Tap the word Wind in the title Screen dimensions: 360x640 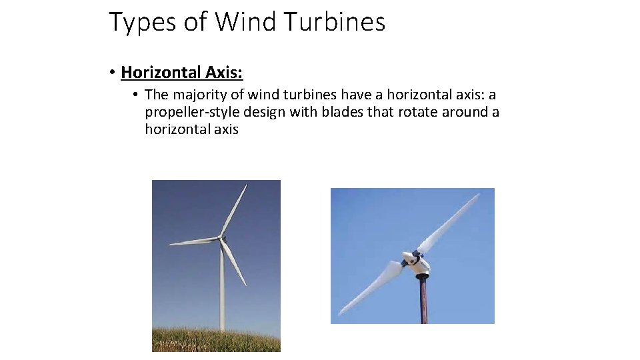[245, 23]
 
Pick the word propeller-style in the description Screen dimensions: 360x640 [190, 112]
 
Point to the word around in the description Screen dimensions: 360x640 [466, 112]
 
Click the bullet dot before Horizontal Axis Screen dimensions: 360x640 [114, 72]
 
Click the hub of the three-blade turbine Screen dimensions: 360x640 [221, 237]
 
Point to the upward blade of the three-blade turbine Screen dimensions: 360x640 [234, 209]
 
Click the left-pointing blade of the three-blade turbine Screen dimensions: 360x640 [193, 241]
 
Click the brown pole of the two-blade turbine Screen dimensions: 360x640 [423, 300]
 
